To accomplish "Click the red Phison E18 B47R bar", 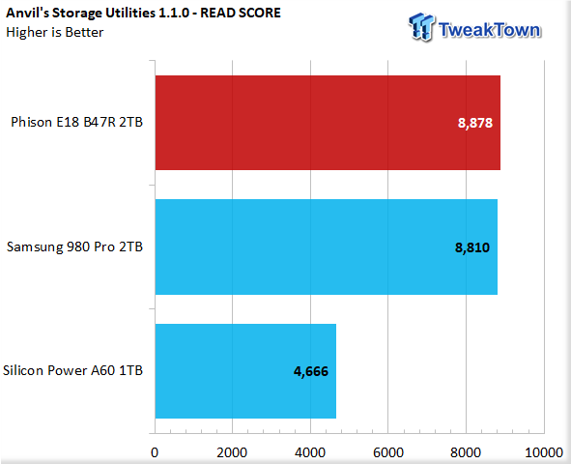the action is click(328, 123).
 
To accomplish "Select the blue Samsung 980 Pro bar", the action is click(327, 246).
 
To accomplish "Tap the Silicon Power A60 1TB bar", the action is click(245, 371).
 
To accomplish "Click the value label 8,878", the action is click(474, 123).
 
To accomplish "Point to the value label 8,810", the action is click(472, 247).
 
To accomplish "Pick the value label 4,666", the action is click(311, 371).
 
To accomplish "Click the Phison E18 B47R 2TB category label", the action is click(77, 122).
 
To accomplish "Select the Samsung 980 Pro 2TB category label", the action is click(74, 246).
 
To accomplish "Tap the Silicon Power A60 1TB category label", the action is click(72, 370).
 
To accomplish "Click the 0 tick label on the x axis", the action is click(155, 452).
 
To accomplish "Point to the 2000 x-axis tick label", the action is click(232, 452).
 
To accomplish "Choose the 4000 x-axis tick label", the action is click(310, 452).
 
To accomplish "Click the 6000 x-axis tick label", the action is click(388, 452).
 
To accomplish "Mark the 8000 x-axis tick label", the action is click(466, 452).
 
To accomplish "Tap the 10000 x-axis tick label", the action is click(544, 452).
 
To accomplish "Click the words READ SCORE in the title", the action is click(241, 14).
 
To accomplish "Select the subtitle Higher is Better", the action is click(55, 33).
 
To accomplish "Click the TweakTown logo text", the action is click(490, 30).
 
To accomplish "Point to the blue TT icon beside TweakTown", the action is click(421, 26).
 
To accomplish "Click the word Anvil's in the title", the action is click(28, 14).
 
